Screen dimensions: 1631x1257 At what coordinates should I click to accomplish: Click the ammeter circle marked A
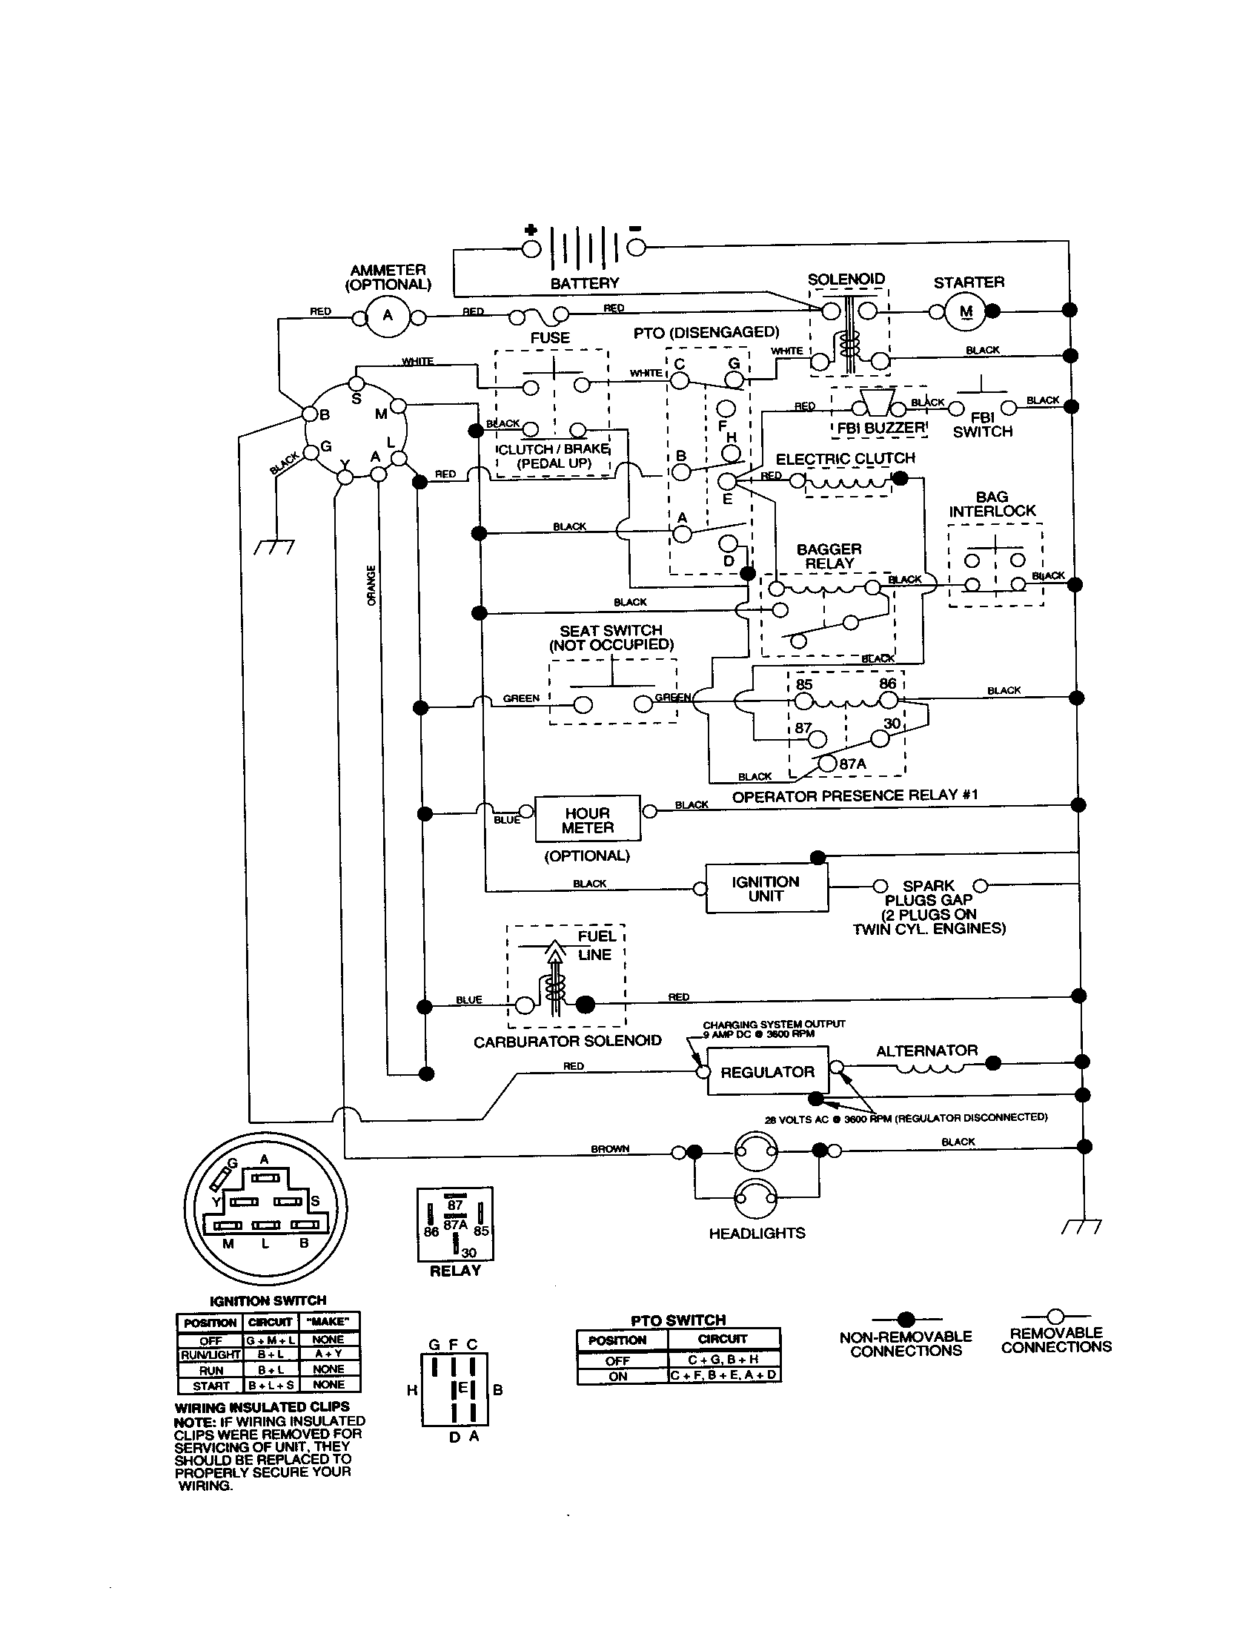(x=388, y=315)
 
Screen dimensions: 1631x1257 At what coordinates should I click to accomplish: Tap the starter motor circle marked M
(x=966, y=312)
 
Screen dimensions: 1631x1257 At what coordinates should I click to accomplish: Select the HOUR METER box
(x=588, y=820)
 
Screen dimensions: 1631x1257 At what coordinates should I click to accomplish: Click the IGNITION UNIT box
(x=766, y=889)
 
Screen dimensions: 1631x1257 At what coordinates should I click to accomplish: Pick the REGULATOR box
(x=766, y=1073)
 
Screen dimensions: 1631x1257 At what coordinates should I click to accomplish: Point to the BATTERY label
(x=585, y=283)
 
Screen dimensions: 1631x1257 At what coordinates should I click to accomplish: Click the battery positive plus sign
(x=531, y=230)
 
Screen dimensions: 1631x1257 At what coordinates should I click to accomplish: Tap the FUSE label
(x=550, y=337)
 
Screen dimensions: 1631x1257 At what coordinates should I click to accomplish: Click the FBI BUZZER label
(x=880, y=428)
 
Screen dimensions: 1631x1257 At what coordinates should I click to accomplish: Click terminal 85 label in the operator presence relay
(x=804, y=685)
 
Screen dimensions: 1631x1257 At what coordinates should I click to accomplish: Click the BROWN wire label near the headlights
(x=610, y=1148)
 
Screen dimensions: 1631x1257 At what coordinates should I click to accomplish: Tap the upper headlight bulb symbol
(x=755, y=1151)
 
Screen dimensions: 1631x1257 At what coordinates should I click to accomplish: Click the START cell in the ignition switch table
(x=211, y=1386)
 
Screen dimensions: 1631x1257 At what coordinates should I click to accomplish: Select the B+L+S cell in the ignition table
(x=271, y=1386)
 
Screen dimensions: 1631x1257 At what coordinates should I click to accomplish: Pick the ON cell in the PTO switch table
(x=618, y=1377)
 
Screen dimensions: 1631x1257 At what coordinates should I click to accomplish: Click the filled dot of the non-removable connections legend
(x=906, y=1319)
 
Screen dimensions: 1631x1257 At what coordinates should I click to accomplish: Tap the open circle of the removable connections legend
(x=1055, y=1316)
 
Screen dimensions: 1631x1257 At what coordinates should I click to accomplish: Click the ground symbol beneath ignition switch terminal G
(x=274, y=546)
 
